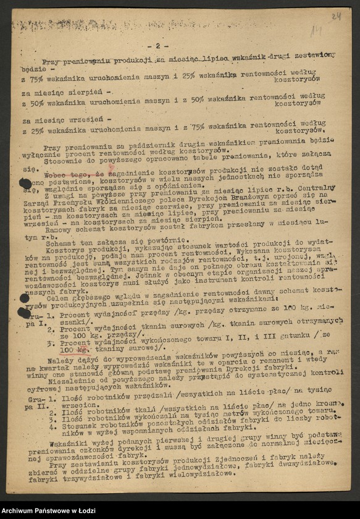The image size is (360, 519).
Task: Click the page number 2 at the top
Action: (x=158, y=46)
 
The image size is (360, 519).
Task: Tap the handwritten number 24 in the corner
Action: (x=335, y=16)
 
